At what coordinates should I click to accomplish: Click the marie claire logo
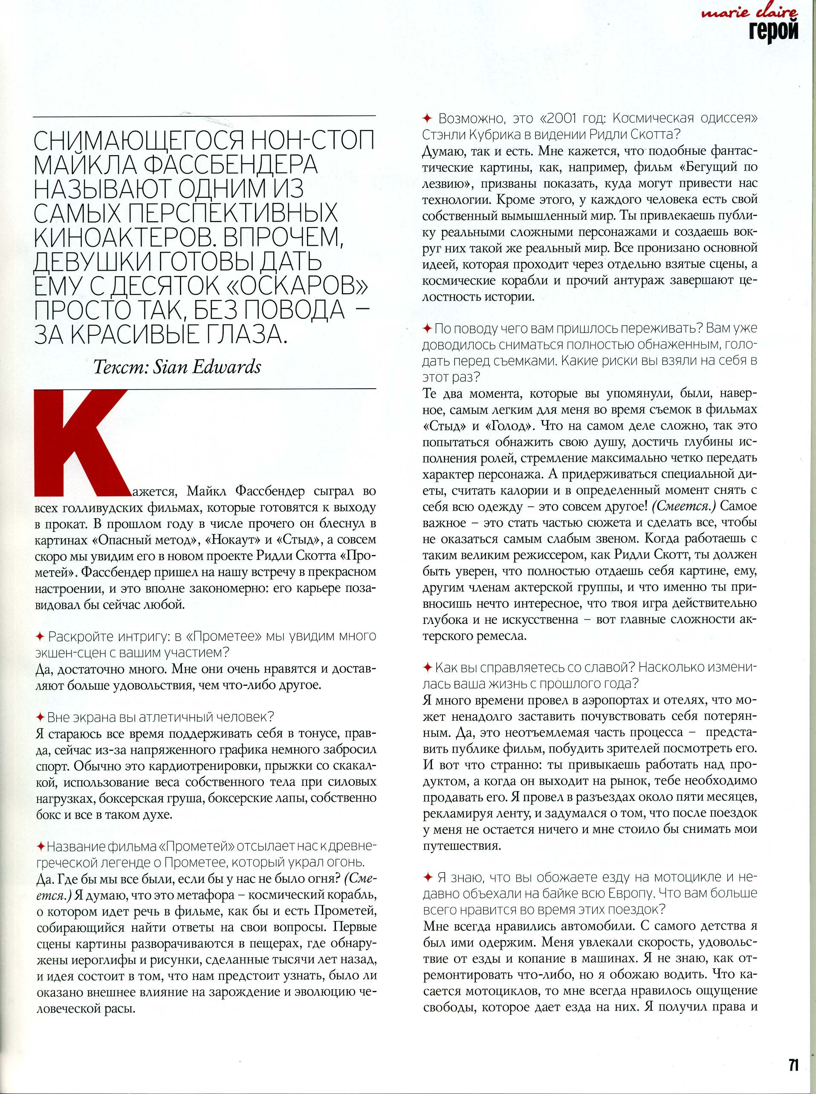click(749, 13)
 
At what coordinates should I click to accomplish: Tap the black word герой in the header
click(773, 31)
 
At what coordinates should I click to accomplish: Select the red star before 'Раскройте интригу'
click(41, 636)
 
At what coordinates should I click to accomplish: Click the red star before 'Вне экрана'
click(41, 717)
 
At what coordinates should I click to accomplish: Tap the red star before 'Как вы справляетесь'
click(428, 668)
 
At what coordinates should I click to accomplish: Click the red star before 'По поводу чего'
click(428, 328)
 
